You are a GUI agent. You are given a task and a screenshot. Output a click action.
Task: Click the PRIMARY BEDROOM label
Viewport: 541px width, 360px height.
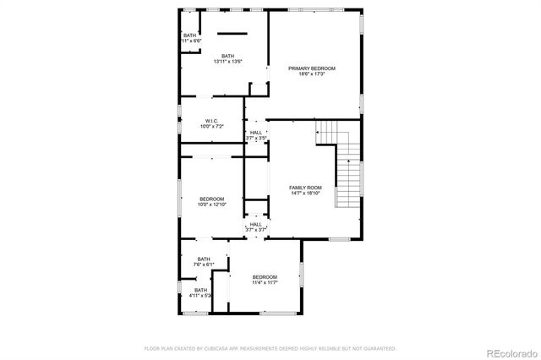point(311,68)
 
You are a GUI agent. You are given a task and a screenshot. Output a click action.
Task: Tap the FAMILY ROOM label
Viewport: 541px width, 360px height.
point(305,188)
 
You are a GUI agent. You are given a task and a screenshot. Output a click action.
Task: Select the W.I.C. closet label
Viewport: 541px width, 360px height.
point(211,121)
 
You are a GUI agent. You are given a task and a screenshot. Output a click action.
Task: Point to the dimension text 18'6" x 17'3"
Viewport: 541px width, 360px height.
point(311,74)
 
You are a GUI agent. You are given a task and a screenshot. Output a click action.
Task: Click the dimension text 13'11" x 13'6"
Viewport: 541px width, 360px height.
point(228,62)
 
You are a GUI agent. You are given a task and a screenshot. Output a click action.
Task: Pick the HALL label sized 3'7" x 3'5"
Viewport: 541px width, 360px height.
point(256,133)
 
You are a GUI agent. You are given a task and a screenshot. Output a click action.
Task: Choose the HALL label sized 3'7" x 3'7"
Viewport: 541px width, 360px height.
point(256,224)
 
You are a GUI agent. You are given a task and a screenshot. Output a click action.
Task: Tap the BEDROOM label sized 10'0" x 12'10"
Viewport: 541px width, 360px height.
point(211,199)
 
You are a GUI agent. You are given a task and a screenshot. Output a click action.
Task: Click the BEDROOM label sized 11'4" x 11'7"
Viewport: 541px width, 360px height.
point(265,277)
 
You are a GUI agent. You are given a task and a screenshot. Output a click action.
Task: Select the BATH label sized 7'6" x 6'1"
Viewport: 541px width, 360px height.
point(204,259)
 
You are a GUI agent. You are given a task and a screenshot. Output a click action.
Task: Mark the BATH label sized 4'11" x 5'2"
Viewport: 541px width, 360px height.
point(200,290)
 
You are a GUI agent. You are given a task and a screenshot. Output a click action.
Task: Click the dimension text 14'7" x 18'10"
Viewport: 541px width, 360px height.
point(305,194)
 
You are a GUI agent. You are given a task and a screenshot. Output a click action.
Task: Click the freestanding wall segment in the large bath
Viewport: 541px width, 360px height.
point(229,33)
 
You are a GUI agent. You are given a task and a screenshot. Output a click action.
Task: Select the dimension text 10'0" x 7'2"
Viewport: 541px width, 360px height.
point(211,127)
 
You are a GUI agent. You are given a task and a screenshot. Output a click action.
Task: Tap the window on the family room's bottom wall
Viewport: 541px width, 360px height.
point(339,239)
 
